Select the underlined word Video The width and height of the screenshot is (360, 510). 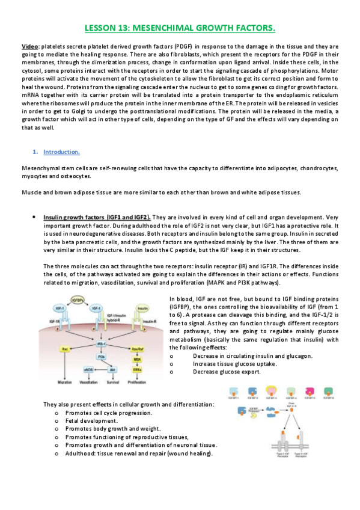tap(30, 46)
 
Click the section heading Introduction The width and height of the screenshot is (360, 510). tap(62, 152)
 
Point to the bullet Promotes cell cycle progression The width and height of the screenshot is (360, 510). tap(108, 413)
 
